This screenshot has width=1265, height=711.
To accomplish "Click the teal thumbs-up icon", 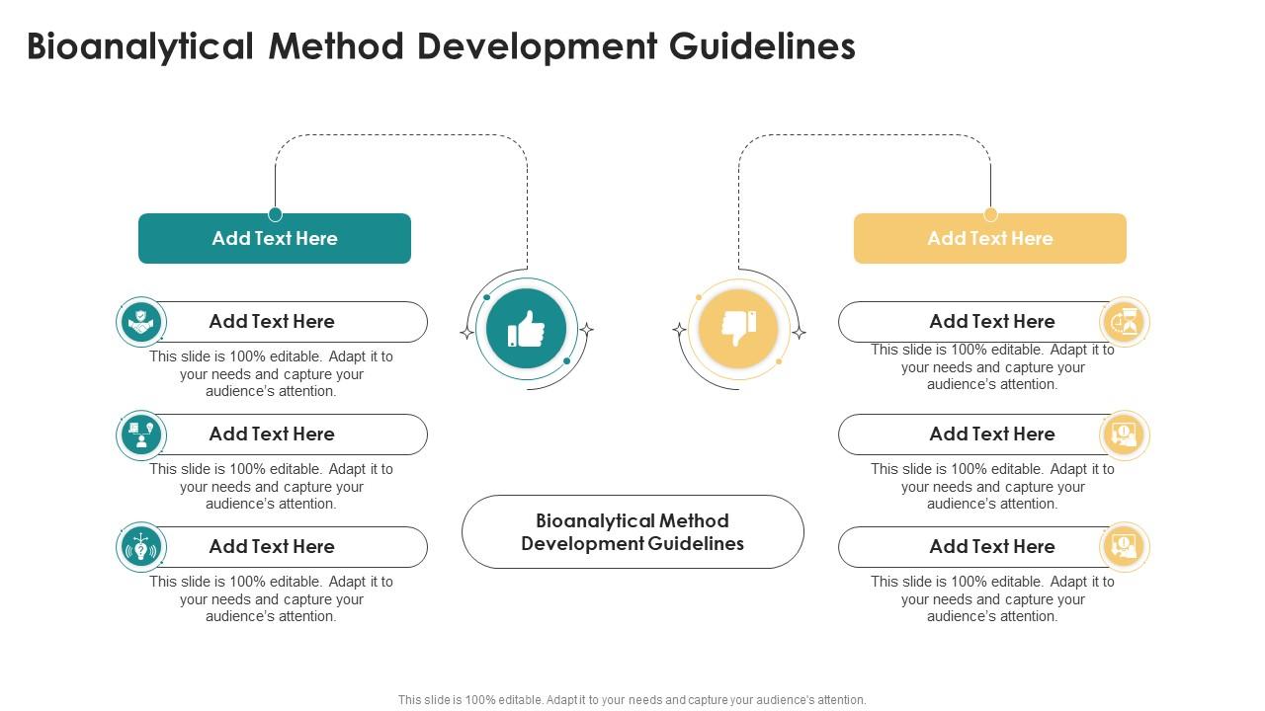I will [x=526, y=329].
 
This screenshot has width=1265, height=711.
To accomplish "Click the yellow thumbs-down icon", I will [x=738, y=329].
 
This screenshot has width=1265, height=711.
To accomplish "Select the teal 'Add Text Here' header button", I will [x=275, y=238].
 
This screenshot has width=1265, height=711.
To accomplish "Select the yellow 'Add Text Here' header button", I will [x=990, y=238].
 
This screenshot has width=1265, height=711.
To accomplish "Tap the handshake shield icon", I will [x=141, y=322].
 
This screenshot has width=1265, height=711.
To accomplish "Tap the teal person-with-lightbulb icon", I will [x=141, y=434].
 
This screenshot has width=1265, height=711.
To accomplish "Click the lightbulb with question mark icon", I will [x=141, y=547].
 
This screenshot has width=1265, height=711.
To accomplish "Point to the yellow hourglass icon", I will [x=1125, y=322].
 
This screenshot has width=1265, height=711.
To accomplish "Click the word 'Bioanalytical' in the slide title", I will [x=138, y=46].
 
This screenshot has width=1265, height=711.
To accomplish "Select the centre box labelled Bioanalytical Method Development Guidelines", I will [x=632, y=531].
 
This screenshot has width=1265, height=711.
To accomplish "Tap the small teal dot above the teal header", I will [x=276, y=214].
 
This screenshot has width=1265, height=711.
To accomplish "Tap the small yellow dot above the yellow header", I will [x=990, y=214].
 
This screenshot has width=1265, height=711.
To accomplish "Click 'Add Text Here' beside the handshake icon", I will [x=272, y=321].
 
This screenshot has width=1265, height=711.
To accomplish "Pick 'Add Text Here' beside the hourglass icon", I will [x=992, y=321].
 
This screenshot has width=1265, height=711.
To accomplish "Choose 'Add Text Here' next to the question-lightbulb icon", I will [x=272, y=546].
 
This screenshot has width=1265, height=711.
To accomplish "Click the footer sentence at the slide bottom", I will [x=632, y=699].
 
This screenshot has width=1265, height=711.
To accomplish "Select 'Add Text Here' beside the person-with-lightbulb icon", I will [x=272, y=434].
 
